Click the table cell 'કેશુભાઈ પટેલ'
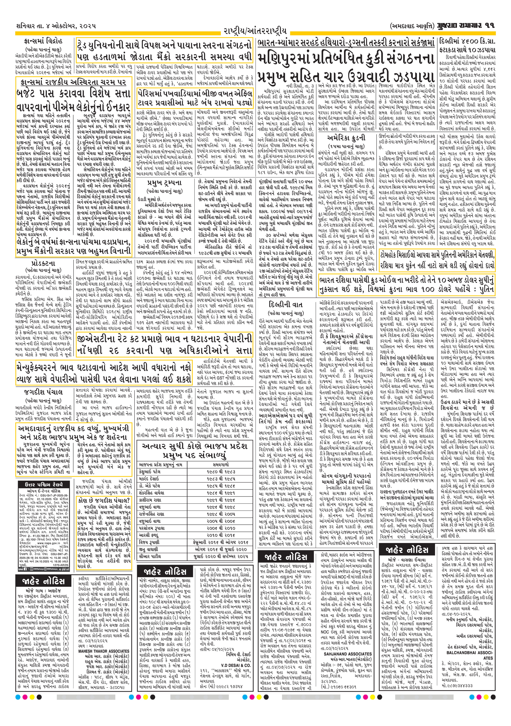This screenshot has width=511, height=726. [x=150, y=471]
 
